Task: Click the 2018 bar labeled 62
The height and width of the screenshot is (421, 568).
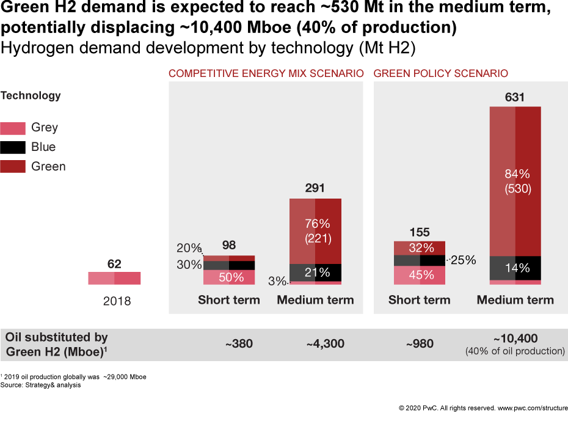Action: (x=114, y=278)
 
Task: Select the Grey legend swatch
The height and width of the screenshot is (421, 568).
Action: (x=13, y=128)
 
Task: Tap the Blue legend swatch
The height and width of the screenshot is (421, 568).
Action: (x=13, y=147)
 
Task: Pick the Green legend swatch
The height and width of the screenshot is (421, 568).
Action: (x=13, y=167)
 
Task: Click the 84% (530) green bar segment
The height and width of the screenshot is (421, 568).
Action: (x=515, y=181)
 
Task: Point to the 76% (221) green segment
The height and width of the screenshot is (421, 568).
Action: (x=316, y=231)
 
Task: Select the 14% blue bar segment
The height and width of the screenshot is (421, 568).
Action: (x=515, y=268)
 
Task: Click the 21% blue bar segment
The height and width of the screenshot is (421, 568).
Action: (x=316, y=273)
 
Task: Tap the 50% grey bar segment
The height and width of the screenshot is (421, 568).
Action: (x=229, y=277)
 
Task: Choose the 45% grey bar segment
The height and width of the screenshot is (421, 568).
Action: (x=420, y=276)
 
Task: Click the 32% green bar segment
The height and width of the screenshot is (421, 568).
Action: (x=420, y=248)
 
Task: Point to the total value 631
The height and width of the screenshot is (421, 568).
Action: (x=515, y=97)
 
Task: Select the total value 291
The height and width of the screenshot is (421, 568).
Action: (x=315, y=188)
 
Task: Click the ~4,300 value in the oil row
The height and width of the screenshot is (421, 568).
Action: (x=325, y=344)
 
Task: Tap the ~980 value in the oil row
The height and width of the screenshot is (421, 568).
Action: (x=420, y=344)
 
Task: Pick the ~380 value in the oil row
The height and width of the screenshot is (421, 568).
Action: (x=239, y=344)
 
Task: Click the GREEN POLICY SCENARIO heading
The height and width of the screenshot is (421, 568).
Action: (x=440, y=73)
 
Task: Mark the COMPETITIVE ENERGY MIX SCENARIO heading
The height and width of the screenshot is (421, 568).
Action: (x=266, y=73)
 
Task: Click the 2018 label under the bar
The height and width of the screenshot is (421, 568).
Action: (x=117, y=301)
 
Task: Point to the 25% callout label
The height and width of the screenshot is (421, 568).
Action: (x=464, y=260)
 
